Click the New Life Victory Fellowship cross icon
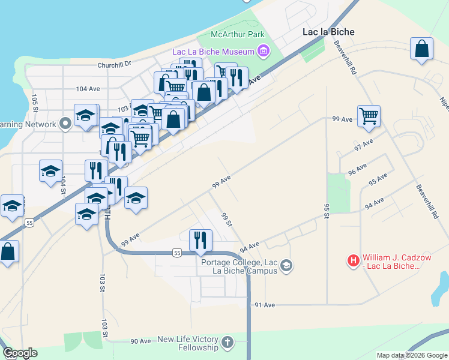tap(227, 343)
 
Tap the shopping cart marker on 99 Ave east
tap(368, 116)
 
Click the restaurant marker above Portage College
tap(200, 239)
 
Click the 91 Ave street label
tap(265, 305)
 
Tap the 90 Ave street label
tap(141, 341)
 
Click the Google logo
tap(20, 353)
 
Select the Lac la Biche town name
tap(328, 32)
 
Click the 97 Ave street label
tap(364, 145)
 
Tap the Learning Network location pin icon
tap(65, 125)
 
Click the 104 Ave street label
tap(88, 88)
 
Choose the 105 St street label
tap(35, 103)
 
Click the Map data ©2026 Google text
tap(411, 355)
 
